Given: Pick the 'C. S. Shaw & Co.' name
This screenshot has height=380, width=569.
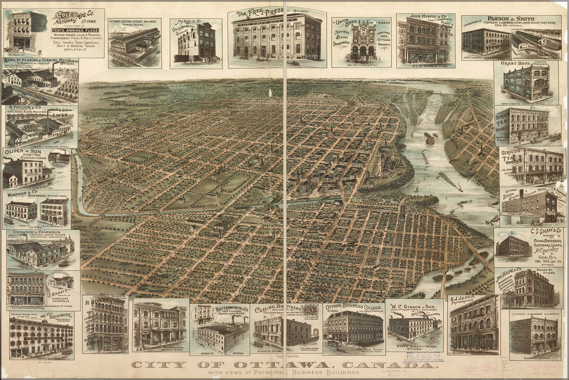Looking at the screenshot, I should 544,231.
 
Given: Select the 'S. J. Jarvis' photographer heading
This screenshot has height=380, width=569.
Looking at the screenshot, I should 465,298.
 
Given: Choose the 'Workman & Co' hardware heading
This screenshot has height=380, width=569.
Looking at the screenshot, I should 22,194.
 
